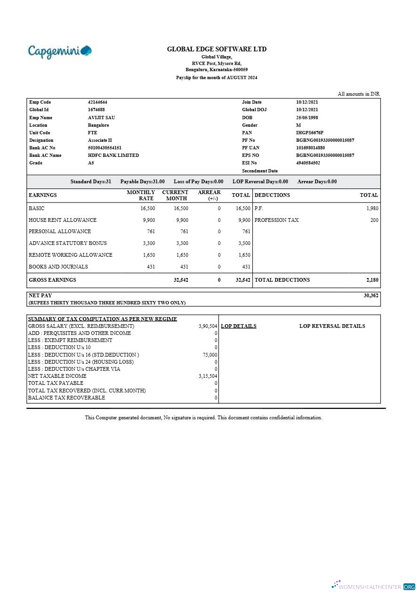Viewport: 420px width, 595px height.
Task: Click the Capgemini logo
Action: point(60,51)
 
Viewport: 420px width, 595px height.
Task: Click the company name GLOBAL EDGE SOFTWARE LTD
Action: point(217,49)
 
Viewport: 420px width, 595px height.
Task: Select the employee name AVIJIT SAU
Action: point(101,117)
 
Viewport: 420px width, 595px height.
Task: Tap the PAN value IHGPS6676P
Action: point(309,133)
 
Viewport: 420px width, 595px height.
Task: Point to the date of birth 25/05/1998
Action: point(307,117)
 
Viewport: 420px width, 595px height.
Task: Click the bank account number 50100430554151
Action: point(105,148)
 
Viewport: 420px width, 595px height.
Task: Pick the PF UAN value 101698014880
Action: point(310,148)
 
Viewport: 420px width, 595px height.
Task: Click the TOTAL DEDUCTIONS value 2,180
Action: point(372,280)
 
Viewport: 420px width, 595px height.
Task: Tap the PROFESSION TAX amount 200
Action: point(374,220)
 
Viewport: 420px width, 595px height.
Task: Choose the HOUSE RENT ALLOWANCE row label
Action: point(63,220)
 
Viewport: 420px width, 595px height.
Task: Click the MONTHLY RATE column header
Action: point(141,195)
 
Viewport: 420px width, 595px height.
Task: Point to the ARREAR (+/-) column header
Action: point(209,195)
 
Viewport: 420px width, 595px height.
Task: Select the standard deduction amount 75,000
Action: point(210,355)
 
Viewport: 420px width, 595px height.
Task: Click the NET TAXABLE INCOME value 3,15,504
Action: point(208,376)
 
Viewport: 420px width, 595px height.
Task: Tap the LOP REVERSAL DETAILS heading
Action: point(332,326)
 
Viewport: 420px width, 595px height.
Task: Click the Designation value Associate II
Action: point(100,140)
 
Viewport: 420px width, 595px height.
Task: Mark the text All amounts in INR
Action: point(358,94)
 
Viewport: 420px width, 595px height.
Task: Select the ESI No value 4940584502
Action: point(308,163)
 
